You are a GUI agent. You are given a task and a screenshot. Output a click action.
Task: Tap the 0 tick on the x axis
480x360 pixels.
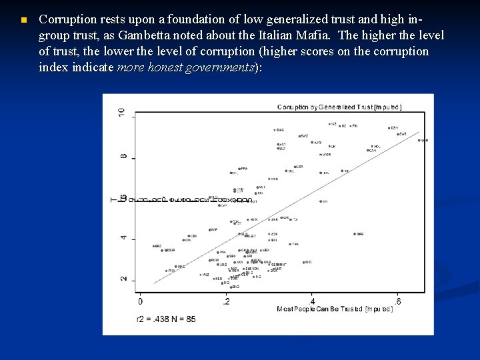(139, 302)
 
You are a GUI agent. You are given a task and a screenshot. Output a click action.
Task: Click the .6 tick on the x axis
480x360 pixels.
(397, 302)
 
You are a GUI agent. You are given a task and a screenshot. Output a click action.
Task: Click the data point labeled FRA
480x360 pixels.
(238, 169)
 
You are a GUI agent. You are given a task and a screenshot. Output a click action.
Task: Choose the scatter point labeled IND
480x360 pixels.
(303, 263)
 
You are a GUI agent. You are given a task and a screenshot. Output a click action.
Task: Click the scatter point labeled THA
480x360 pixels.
(290, 244)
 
